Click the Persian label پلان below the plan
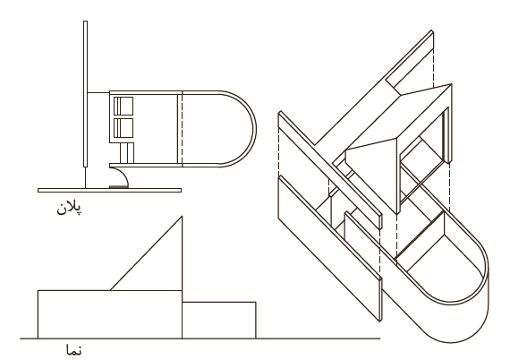69,208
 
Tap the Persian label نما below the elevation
74,350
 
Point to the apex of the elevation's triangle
182,216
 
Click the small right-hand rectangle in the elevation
219,321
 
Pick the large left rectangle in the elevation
110,314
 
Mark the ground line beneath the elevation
200,339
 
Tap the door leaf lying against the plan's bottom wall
118,187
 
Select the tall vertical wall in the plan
86,94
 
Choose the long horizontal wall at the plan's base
110,190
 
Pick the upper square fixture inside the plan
123,106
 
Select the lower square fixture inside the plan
123,127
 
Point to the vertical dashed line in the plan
182,129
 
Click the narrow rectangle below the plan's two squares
127,153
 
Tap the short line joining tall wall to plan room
98,93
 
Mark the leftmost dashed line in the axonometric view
279,151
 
